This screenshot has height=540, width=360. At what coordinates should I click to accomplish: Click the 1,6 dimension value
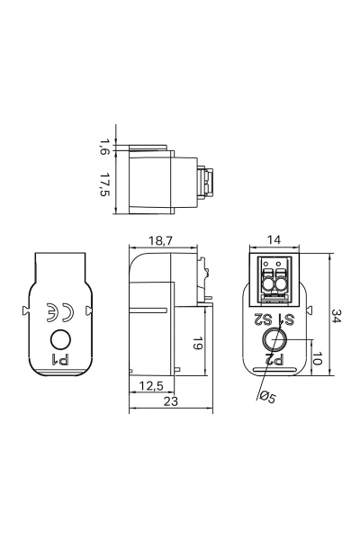click(x=103, y=147)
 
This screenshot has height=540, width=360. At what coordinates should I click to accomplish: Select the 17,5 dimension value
click(x=104, y=184)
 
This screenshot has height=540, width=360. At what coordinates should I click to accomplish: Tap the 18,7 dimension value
click(x=161, y=240)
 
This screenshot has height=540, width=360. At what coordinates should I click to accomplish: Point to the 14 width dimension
click(x=274, y=239)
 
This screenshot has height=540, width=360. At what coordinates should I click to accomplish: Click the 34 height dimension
click(x=337, y=316)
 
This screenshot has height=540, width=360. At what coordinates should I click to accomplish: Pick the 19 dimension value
click(x=197, y=344)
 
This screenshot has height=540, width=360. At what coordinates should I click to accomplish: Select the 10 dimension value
click(x=317, y=358)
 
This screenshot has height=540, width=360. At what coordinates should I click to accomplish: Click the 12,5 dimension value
click(x=151, y=386)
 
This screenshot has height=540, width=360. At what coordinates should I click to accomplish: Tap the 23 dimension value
click(x=170, y=400)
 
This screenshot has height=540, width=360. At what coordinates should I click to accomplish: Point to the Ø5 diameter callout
click(x=267, y=397)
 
